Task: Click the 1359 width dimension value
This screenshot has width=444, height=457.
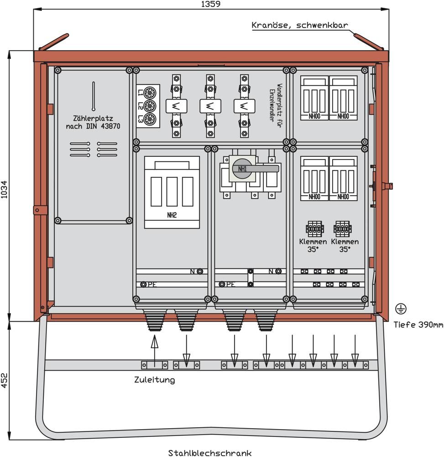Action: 211,4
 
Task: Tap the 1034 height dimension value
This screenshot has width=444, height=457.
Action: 4,188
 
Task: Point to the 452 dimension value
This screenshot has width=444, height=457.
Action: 4,380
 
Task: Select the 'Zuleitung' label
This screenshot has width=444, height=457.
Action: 154,380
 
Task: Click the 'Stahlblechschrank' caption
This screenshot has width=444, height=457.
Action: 210,453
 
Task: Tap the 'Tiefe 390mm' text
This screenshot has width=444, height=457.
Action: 418,325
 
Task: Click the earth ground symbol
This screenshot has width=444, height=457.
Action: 401,309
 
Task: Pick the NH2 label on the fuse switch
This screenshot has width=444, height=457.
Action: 172,215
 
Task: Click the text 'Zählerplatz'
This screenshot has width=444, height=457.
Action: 93,117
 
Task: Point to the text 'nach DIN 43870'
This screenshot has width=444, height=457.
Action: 93,126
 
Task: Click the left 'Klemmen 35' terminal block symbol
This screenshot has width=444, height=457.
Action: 315,228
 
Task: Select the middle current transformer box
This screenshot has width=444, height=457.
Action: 210,106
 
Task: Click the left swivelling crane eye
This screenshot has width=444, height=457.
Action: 54,42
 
